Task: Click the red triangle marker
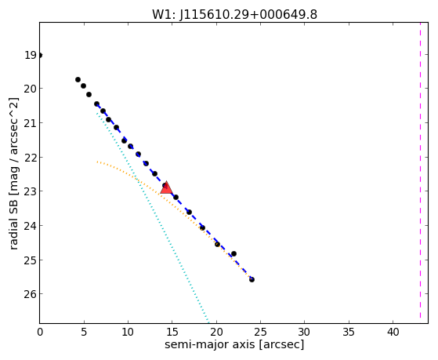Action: tap(166, 188)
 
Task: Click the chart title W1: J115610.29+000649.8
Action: tap(234, 14)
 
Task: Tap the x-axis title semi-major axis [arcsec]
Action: tap(234, 344)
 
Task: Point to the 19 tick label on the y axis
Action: tap(31, 55)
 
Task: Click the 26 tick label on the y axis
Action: tap(30, 294)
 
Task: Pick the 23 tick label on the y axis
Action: tap(30, 191)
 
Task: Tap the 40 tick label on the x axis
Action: tap(393, 333)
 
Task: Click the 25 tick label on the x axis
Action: tap(260, 333)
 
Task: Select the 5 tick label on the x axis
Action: tap(84, 333)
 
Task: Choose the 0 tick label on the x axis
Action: tap(40, 333)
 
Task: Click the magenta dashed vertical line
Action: tap(420, 173)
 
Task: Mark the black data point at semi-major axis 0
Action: tap(40, 56)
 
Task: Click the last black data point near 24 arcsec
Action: tap(252, 279)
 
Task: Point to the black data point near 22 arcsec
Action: tap(233, 253)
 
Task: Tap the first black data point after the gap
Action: tap(78, 80)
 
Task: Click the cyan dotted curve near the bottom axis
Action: tap(207, 318)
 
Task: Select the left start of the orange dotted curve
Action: tap(97, 162)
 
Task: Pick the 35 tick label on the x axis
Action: tap(349, 333)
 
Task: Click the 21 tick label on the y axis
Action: tap(30, 123)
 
